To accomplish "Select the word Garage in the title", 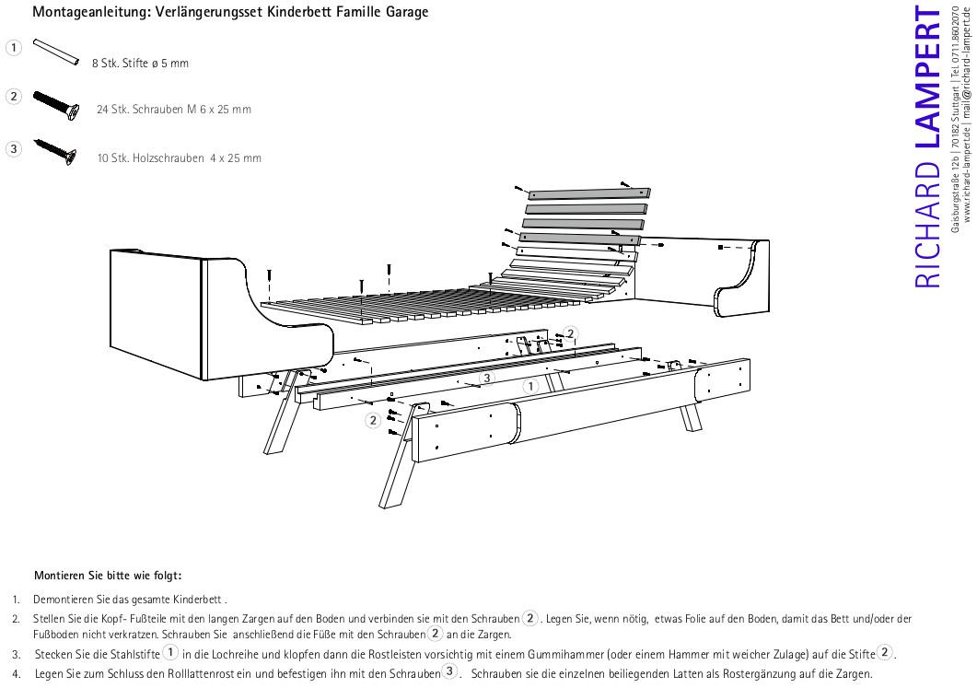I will pos(404,13).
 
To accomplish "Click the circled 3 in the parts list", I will pos(13,148).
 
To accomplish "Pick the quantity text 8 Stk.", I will pos(104,64).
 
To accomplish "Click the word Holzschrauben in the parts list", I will pos(167,158).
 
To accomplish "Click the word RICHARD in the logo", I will pos(927,227).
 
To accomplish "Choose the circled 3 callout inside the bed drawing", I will pos(487,378).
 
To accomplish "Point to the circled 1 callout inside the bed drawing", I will pos(529,384).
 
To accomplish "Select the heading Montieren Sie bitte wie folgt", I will pos(108,576).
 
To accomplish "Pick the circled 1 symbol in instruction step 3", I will pos(170,653).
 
